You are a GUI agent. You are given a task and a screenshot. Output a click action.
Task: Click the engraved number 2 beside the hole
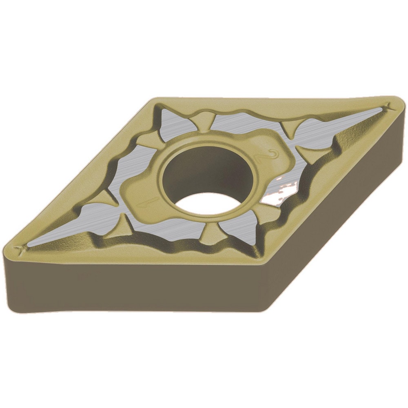(275, 154)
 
